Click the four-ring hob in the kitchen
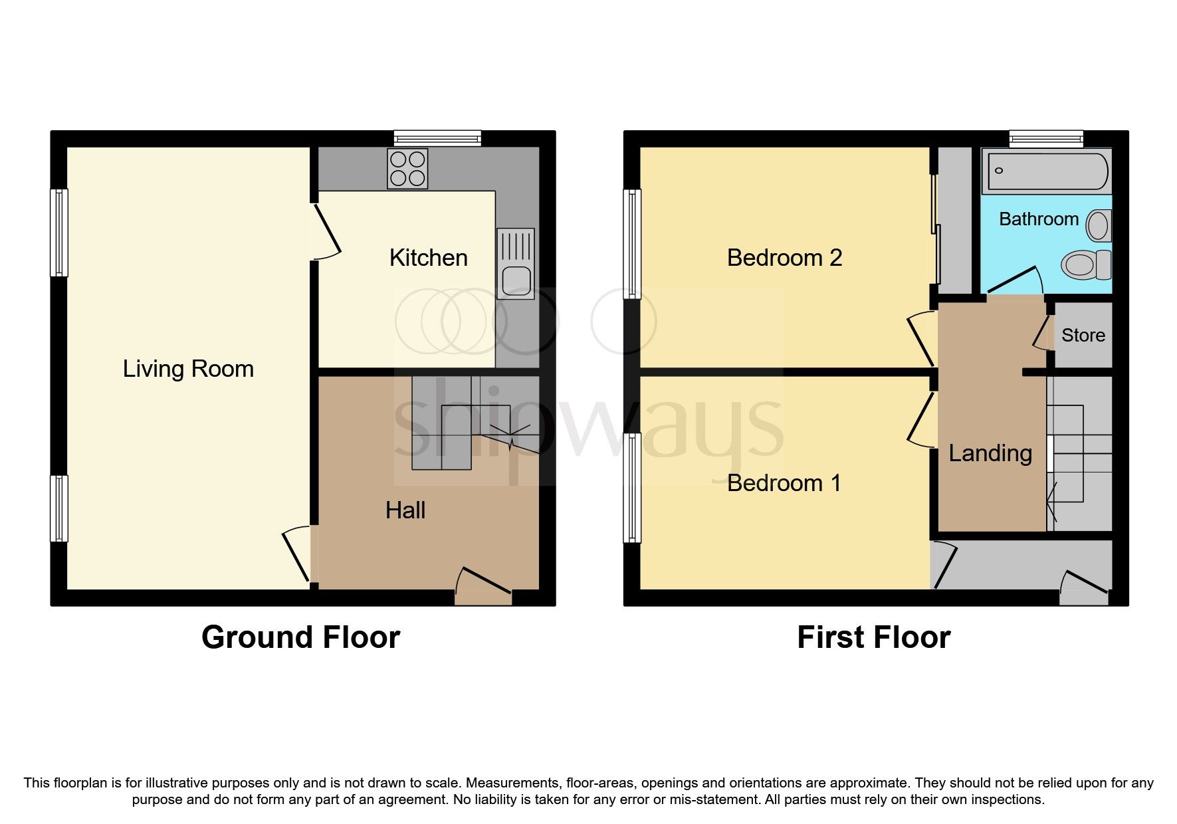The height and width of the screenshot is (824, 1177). point(407,168)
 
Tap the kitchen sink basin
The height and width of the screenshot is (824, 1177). point(516,280)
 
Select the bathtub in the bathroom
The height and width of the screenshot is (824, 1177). point(1047,171)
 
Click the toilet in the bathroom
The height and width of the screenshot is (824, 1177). point(1086,265)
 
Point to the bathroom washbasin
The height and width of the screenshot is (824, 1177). point(1098,226)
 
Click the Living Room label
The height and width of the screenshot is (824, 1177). point(188,369)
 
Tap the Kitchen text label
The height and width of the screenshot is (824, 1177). point(428,258)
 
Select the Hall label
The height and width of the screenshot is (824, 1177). point(405,510)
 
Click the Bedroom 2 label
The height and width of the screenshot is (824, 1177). point(784,258)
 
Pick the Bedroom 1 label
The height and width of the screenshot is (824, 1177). point(784,483)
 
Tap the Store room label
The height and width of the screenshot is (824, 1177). point(1083,336)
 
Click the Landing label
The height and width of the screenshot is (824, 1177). point(990,453)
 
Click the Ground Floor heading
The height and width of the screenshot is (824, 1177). point(300,637)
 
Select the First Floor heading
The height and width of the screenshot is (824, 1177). point(873,637)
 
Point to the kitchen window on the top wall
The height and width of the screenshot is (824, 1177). point(437,138)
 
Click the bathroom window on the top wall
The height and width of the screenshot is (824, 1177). point(1045,138)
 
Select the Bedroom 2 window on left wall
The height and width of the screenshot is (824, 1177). point(632,243)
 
